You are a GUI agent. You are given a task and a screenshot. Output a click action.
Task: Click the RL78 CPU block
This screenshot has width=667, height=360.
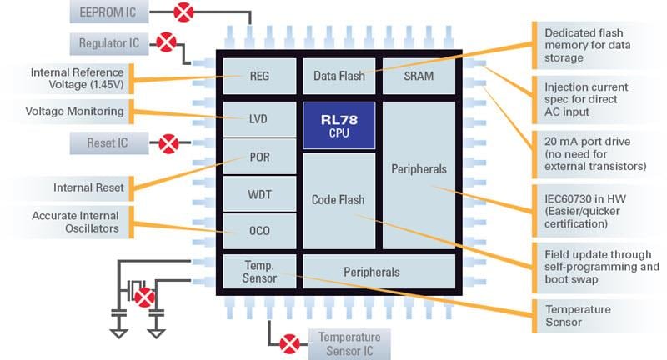pos(339,125)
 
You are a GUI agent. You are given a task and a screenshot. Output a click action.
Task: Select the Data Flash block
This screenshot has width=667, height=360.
pos(339,77)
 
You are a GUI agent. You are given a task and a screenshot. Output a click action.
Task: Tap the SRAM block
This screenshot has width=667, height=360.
pos(419,77)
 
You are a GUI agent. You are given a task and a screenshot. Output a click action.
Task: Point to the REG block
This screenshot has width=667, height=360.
pos(259,77)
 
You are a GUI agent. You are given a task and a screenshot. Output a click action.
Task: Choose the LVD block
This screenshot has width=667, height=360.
pos(259,119)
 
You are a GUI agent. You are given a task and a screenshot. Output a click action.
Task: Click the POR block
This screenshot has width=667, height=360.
pos(259,157)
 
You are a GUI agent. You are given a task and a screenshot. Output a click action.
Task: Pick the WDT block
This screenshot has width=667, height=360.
pos(259,194)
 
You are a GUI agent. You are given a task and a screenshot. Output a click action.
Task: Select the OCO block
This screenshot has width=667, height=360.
pos(259,231)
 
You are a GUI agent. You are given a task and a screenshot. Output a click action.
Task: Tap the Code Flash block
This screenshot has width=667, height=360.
pos(339,200)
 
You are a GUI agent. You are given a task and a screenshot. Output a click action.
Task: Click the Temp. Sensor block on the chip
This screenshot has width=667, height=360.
pos(259,272)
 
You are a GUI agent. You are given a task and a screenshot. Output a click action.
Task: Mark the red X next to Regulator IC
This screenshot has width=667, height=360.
pos(166,42)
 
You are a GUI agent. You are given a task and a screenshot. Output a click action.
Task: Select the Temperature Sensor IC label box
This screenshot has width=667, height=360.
pos(349,343)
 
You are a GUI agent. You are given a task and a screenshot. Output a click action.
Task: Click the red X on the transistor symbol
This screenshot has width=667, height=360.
pos(145,296)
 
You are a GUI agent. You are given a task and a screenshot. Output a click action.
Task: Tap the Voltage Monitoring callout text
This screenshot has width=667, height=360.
pos(74,111)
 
